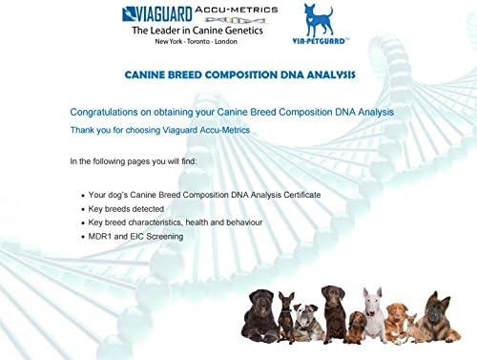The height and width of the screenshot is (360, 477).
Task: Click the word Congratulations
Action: pos(111,112)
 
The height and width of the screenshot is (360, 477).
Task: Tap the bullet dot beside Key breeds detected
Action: pos(84,208)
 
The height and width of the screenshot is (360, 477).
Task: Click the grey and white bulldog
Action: pos(306,323)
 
